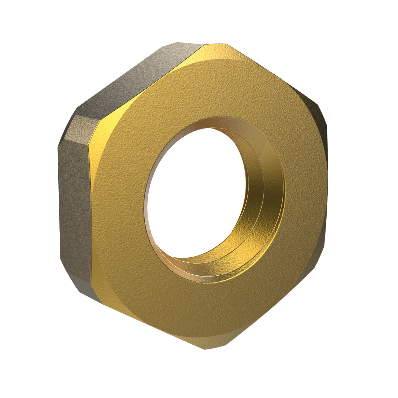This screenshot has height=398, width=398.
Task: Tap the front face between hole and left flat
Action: (119, 202)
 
